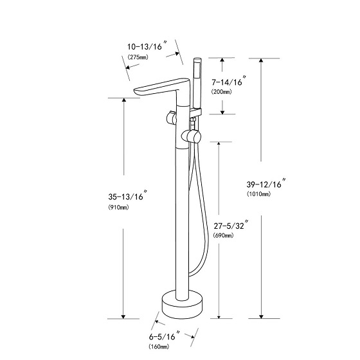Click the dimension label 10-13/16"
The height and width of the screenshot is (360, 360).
click(x=148, y=46)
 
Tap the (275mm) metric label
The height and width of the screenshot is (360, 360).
click(x=138, y=57)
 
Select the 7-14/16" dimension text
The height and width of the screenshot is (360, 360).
click(x=229, y=81)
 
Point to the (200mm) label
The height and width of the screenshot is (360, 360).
click(x=222, y=92)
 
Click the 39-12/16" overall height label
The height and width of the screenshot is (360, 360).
click(x=267, y=183)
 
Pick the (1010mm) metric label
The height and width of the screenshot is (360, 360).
click(x=258, y=194)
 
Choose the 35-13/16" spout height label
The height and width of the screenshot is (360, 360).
click(x=129, y=196)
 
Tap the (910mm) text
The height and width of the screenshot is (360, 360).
click(x=118, y=207)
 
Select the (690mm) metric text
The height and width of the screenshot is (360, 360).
click(x=224, y=235)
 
